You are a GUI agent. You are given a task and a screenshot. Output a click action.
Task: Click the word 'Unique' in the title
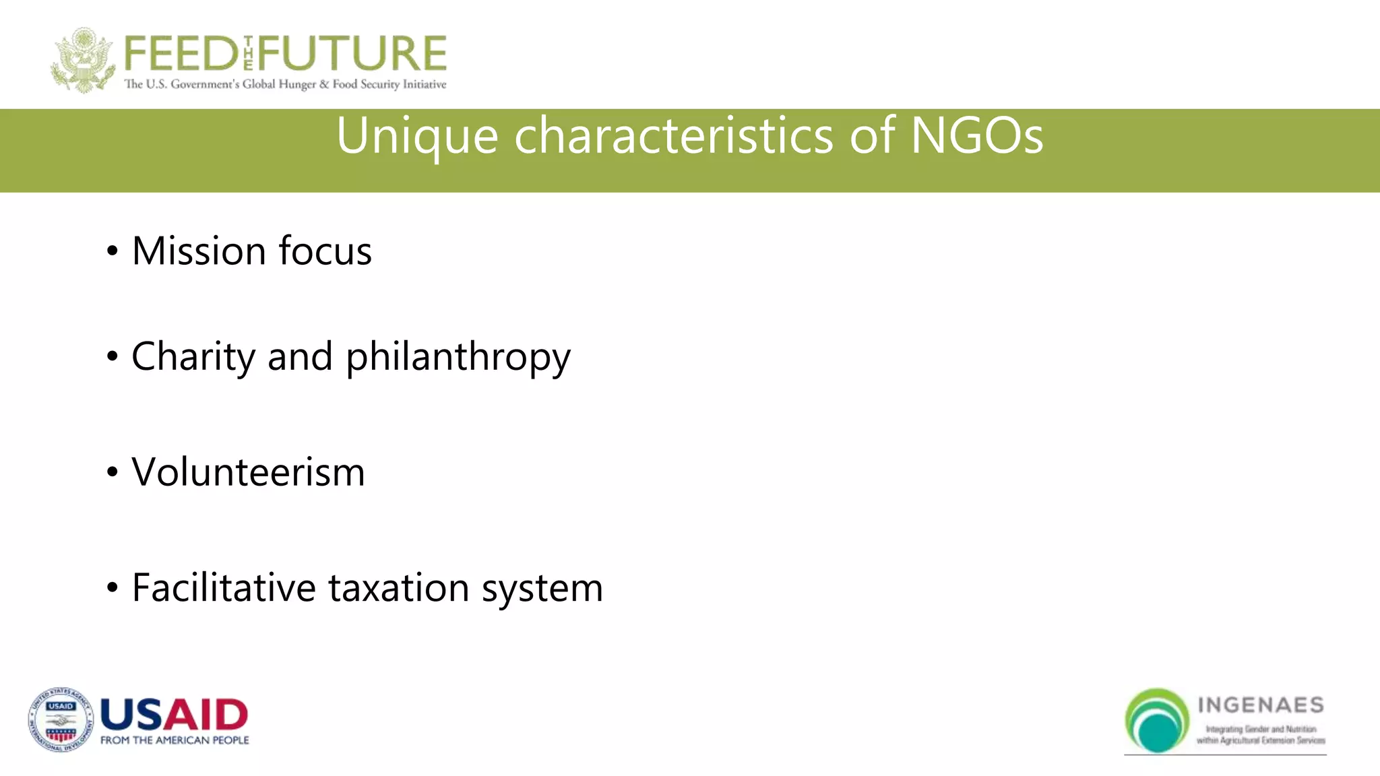pyautogui.click(x=417, y=137)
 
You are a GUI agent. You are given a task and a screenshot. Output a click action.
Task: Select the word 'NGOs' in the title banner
pyautogui.click(x=976, y=135)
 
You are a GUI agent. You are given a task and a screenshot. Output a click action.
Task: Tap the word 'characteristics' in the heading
pyautogui.click(x=674, y=135)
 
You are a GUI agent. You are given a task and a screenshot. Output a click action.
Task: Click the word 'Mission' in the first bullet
pyautogui.click(x=199, y=251)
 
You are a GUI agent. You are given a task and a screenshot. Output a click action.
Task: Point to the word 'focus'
pyautogui.click(x=325, y=251)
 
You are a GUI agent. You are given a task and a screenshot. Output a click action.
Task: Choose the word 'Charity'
pyautogui.click(x=193, y=357)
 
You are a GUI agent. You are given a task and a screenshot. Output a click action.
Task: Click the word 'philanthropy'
pyautogui.click(x=458, y=357)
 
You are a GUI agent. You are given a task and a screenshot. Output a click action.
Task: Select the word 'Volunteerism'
pyautogui.click(x=248, y=472)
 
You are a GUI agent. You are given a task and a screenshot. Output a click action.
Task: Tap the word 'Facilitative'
pyautogui.click(x=224, y=588)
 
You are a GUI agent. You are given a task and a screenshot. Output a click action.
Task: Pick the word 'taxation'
pyautogui.click(x=399, y=588)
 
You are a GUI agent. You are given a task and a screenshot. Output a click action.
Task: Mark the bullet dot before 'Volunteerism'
pyautogui.click(x=113, y=473)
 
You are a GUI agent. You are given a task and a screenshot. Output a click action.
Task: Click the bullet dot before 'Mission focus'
pyautogui.click(x=113, y=252)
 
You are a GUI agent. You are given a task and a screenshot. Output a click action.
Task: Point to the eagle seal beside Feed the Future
pyautogui.click(x=82, y=60)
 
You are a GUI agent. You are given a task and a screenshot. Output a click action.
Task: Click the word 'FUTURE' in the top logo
pyautogui.click(x=352, y=54)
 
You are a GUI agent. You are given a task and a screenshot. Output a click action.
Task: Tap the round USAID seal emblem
pyautogui.click(x=61, y=720)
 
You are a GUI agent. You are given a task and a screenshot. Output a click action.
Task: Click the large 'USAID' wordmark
pyautogui.click(x=174, y=715)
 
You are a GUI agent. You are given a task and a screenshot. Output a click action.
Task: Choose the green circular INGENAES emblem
pyautogui.click(x=1157, y=720)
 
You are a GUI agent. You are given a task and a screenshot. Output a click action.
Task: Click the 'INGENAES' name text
pyautogui.click(x=1261, y=705)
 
